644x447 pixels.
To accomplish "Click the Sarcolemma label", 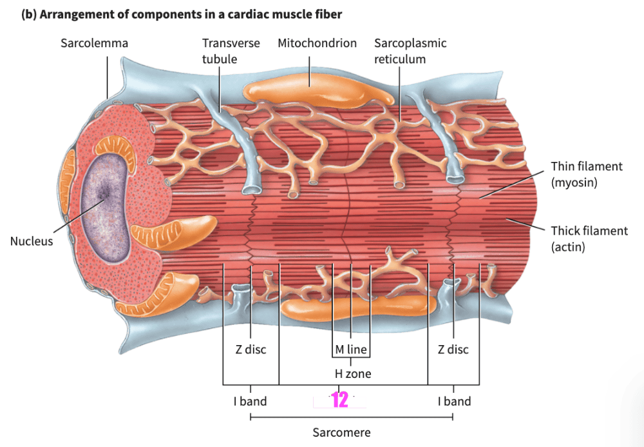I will (x=94, y=43).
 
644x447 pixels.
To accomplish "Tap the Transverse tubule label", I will (x=231, y=51).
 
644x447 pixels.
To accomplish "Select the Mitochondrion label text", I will (x=317, y=43).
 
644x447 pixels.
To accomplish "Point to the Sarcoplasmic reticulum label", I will (x=410, y=51).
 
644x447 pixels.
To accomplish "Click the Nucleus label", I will (x=32, y=241).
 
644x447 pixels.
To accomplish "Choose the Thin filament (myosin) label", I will (x=587, y=174).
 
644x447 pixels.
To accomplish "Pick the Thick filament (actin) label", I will (x=589, y=238).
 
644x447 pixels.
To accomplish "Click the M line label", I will (x=351, y=350).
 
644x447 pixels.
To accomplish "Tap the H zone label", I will (x=352, y=373).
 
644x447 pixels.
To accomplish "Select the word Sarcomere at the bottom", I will (x=341, y=432).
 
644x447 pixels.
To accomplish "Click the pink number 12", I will (x=339, y=401).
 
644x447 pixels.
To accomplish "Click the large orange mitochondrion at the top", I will (x=319, y=92).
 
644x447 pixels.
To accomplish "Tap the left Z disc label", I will (x=250, y=350).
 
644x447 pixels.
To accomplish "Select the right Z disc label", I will (x=453, y=350).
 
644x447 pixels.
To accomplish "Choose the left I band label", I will (x=250, y=401).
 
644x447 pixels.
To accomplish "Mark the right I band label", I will (x=454, y=401).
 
